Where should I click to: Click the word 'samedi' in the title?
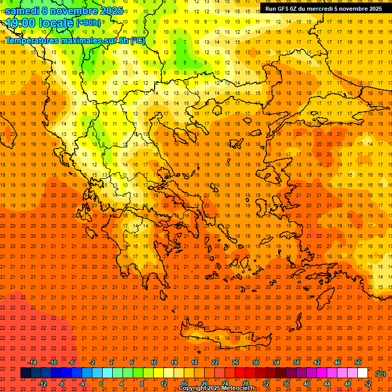point(22,11)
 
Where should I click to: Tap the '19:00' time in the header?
point(20,23)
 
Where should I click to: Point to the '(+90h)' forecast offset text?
point(88,23)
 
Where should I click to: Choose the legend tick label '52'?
point(368,384)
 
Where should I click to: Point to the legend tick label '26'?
point(235,362)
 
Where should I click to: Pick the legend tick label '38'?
point(297,362)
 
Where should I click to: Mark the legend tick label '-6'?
point(72,362)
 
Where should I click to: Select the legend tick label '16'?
point(184,384)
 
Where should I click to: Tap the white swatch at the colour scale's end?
point(363,373)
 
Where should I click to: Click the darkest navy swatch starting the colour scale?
point(26,373)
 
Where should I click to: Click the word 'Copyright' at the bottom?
point(192,388)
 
